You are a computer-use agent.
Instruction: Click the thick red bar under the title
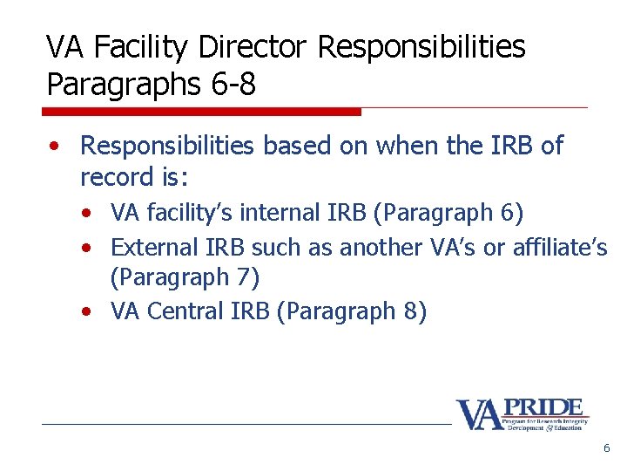tap(201, 112)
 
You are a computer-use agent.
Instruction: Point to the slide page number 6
tap(606, 448)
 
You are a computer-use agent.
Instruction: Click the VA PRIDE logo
tap(522, 413)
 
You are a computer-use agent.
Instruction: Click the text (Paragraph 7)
tap(185, 277)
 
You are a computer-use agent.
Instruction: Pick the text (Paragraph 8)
tap(351, 311)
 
